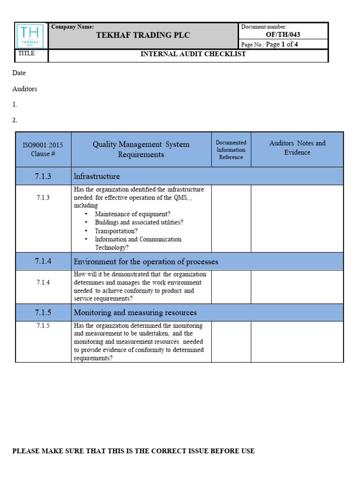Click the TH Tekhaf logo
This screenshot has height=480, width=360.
[31, 36]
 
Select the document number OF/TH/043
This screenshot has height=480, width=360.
[283, 35]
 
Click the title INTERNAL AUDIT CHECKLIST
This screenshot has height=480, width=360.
[193, 54]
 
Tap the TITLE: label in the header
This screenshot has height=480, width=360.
[27, 54]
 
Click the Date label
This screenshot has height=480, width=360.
[19, 73]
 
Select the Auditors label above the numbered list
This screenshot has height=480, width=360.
[24, 89]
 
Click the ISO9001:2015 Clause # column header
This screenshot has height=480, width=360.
[43, 150]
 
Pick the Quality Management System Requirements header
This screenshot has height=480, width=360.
[141, 150]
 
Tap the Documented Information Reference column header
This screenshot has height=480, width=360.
[231, 150]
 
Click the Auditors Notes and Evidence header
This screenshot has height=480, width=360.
[297, 148]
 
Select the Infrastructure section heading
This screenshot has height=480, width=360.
[97, 176]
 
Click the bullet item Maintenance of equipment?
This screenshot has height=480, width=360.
[133, 214]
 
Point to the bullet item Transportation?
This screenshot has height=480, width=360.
[116, 231]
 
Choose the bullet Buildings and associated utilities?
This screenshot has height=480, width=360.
[139, 222]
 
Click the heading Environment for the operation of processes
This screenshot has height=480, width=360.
[146, 262]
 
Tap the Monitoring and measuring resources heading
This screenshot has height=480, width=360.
[135, 312]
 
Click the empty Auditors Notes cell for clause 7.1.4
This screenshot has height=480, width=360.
[297, 287]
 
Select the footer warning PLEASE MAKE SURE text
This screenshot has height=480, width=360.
[133, 451]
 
